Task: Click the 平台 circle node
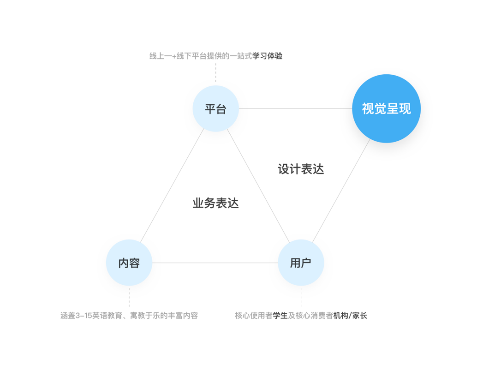click(215, 109)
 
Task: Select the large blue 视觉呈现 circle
click(386, 109)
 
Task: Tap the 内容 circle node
click(129, 263)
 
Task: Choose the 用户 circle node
click(301, 263)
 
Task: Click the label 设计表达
click(301, 169)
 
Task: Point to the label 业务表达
click(215, 203)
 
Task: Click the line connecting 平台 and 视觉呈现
click(295, 109)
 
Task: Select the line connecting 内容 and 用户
click(215, 263)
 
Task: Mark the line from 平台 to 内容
click(172, 186)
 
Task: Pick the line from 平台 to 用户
click(258, 186)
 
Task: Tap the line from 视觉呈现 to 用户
click(341, 190)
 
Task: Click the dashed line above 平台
click(215, 73)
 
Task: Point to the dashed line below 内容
click(129, 297)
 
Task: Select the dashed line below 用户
click(301, 297)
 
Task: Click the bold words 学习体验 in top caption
click(268, 56)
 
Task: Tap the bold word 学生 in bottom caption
click(280, 316)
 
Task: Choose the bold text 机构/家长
click(350, 316)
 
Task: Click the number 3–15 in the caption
click(83, 316)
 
